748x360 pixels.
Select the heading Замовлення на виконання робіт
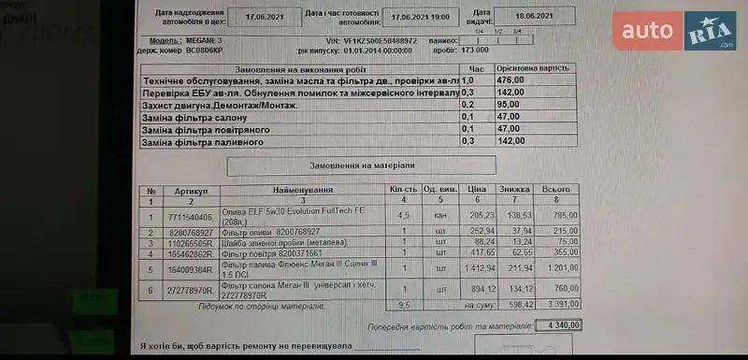click(299, 69)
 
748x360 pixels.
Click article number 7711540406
click(192, 215)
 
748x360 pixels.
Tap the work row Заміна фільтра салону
click(194, 117)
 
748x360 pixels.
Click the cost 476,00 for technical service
click(511, 80)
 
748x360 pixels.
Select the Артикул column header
click(192, 190)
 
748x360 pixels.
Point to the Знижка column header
click(514, 190)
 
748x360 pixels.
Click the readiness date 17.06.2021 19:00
click(421, 16)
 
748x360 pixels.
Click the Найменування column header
click(303, 190)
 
